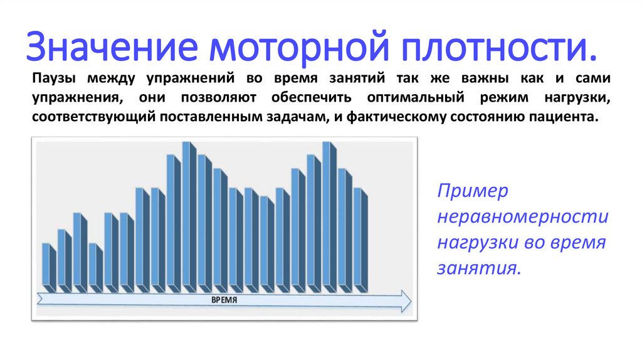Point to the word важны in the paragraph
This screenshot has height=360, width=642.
tap(480, 80)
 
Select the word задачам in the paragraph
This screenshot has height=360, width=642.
tap(294, 117)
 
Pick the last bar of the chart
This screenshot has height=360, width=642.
tap(359, 240)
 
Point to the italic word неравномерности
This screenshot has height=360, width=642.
tap(522, 217)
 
